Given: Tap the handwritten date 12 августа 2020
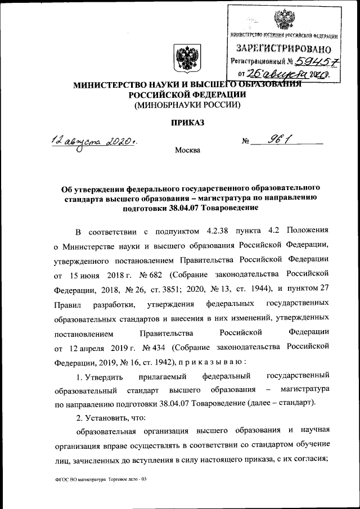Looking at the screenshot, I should coord(93,141).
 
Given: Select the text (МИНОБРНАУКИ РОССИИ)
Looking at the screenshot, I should coord(186,105).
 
